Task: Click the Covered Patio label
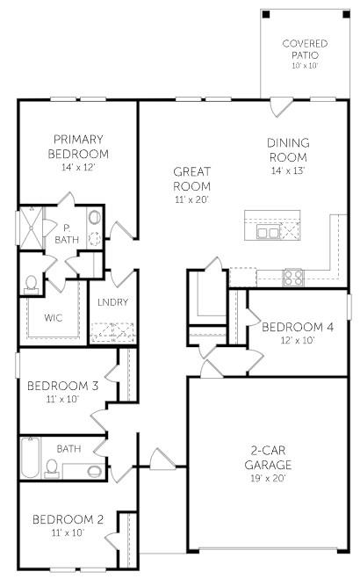[304, 48]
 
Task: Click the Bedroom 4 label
[298, 327]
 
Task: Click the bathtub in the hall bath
[31, 458]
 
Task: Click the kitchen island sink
[269, 232]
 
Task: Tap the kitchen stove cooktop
[293, 278]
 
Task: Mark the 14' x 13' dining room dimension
[288, 170]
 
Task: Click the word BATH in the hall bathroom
[68, 449]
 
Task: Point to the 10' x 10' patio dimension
[304, 67]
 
